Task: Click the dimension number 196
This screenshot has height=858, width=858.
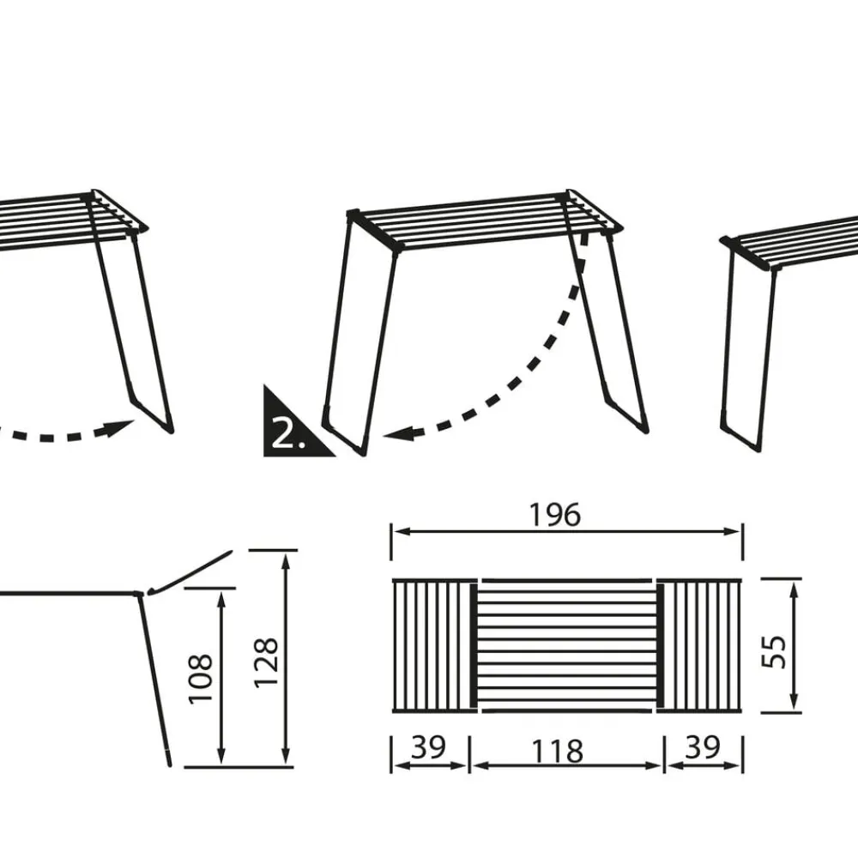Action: tap(554, 515)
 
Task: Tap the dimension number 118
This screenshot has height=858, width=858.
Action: tap(557, 752)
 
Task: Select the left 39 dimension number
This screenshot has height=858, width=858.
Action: tap(428, 747)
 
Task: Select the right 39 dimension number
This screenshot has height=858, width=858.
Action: tap(704, 747)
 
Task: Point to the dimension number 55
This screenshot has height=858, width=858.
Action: tap(774, 652)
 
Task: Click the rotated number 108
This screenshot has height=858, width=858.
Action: tap(200, 678)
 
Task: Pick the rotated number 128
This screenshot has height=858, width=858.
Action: tap(267, 662)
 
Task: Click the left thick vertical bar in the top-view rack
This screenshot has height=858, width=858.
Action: tap(474, 646)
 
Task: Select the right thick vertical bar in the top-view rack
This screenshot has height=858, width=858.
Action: tap(661, 646)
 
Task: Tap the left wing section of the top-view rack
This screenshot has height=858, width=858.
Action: tap(432, 646)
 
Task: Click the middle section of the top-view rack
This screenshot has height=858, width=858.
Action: tap(567, 646)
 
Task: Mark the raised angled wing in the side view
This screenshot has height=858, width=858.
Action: tap(190, 572)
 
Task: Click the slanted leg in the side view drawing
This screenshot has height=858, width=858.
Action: tap(154, 679)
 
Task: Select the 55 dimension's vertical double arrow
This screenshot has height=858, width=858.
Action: tap(795, 646)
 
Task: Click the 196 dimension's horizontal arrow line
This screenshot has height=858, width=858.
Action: tap(567, 531)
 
